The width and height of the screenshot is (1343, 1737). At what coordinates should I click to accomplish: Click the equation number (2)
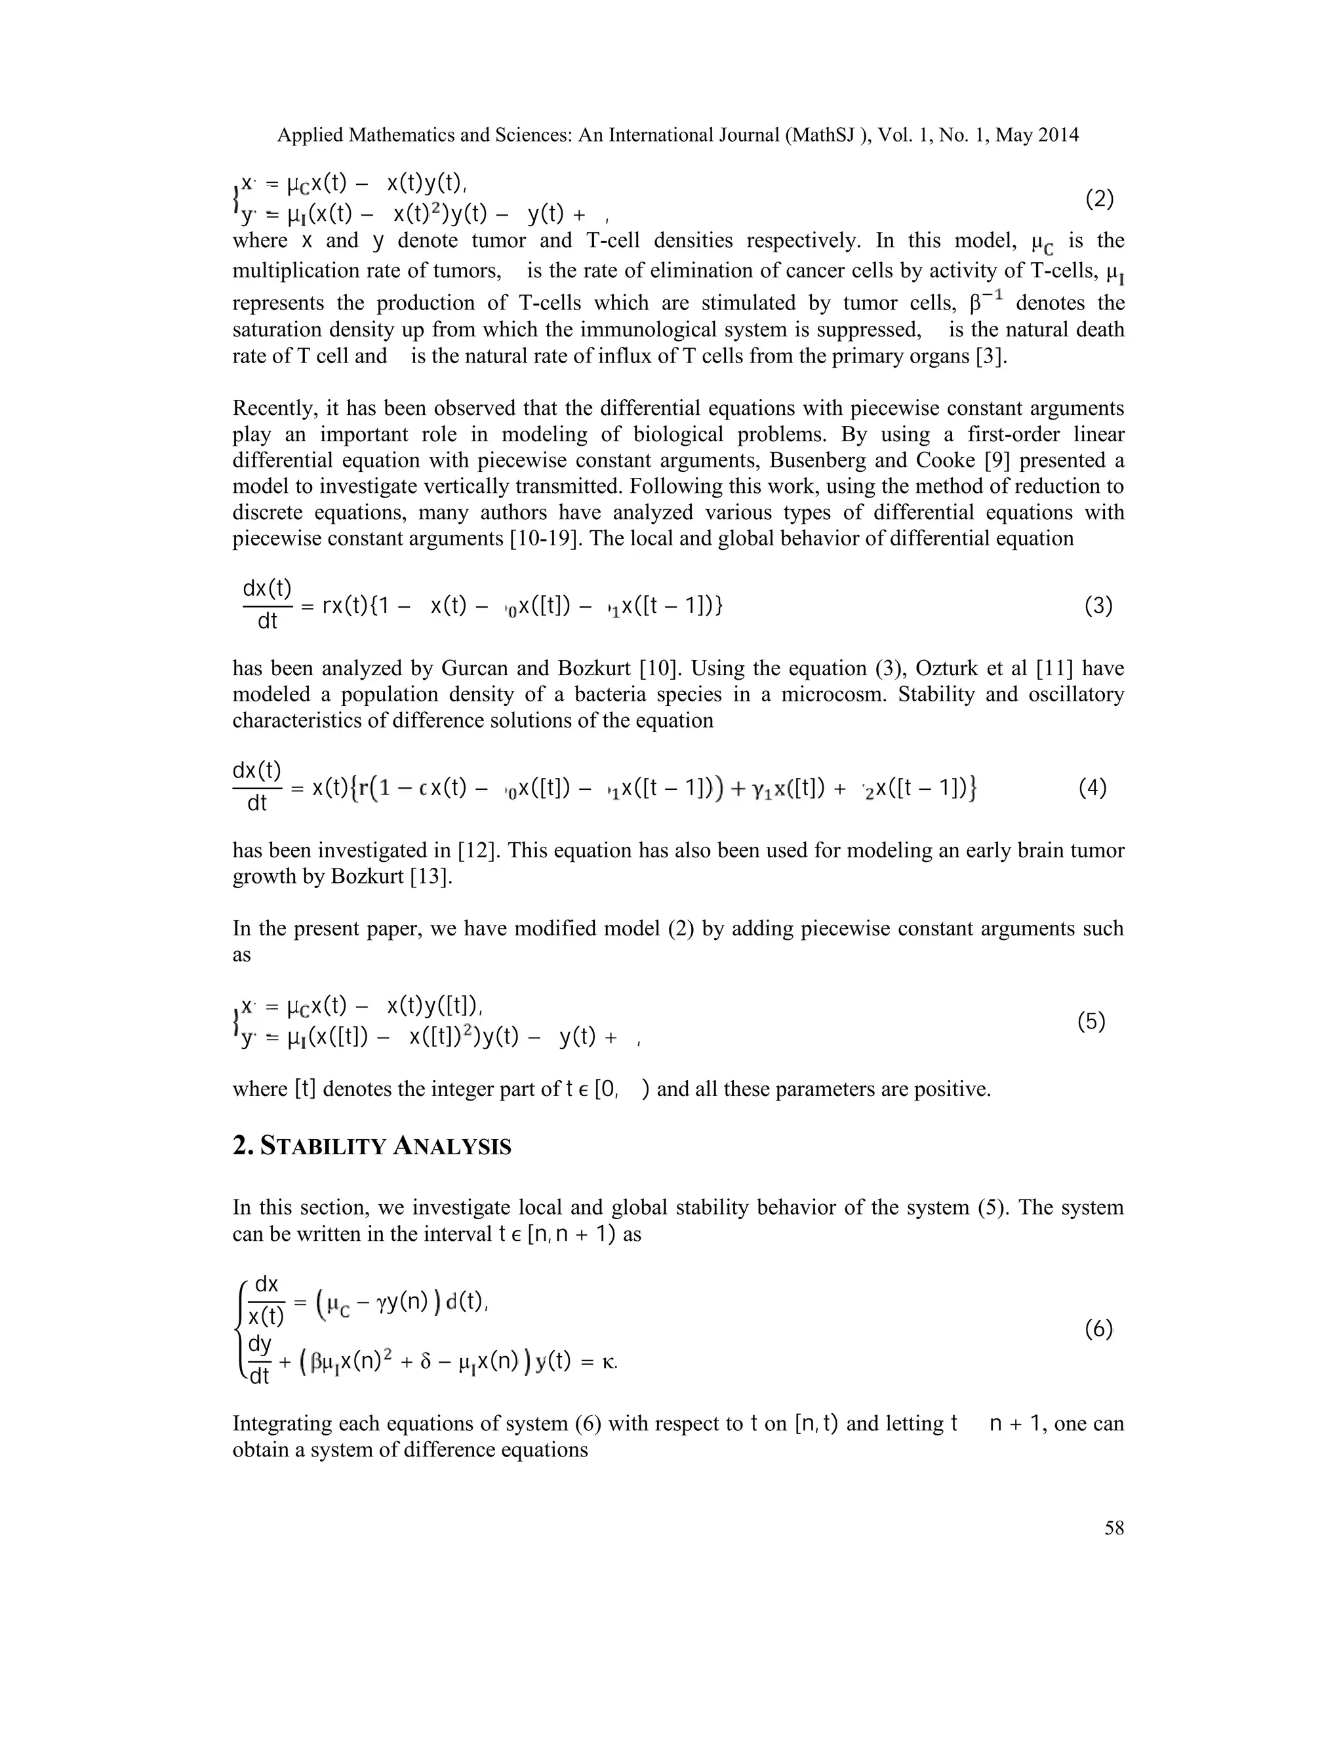[1100, 199]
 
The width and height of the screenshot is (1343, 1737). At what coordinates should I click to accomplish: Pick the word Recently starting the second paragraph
[272, 409]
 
